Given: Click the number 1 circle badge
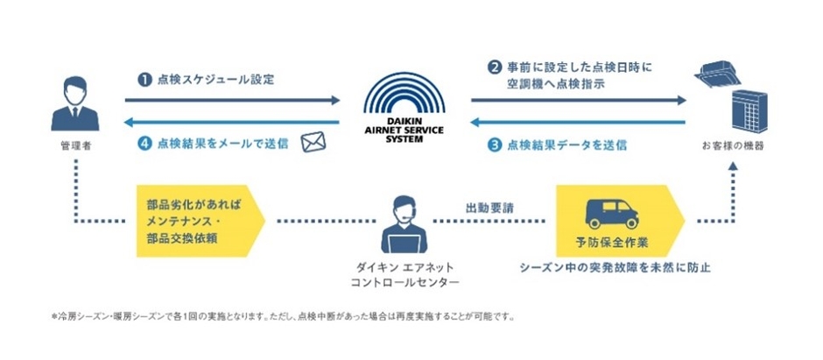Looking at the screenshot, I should (x=142, y=80).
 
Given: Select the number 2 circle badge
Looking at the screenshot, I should (x=495, y=67).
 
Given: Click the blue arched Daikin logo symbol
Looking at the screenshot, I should (x=404, y=89).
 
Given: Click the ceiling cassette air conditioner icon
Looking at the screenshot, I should (x=719, y=71).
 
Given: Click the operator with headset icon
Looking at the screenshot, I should (x=404, y=226).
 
